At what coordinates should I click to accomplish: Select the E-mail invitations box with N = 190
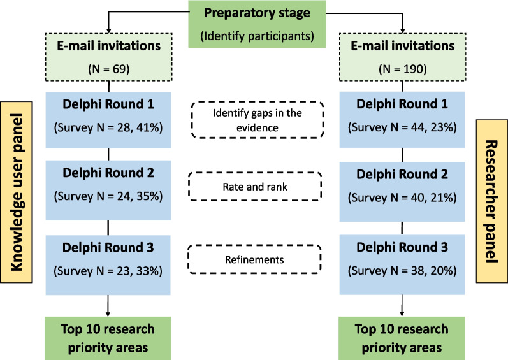(403, 57)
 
